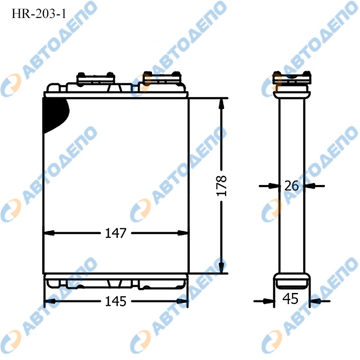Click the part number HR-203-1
click(x=39, y=14)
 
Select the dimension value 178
click(x=221, y=186)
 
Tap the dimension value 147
click(x=116, y=233)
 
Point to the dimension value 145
click(x=116, y=301)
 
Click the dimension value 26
click(x=292, y=186)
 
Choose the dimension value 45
click(x=290, y=299)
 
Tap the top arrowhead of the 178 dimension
click(x=221, y=105)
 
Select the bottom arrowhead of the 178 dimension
click(x=221, y=268)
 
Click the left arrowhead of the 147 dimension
click(x=49, y=233)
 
